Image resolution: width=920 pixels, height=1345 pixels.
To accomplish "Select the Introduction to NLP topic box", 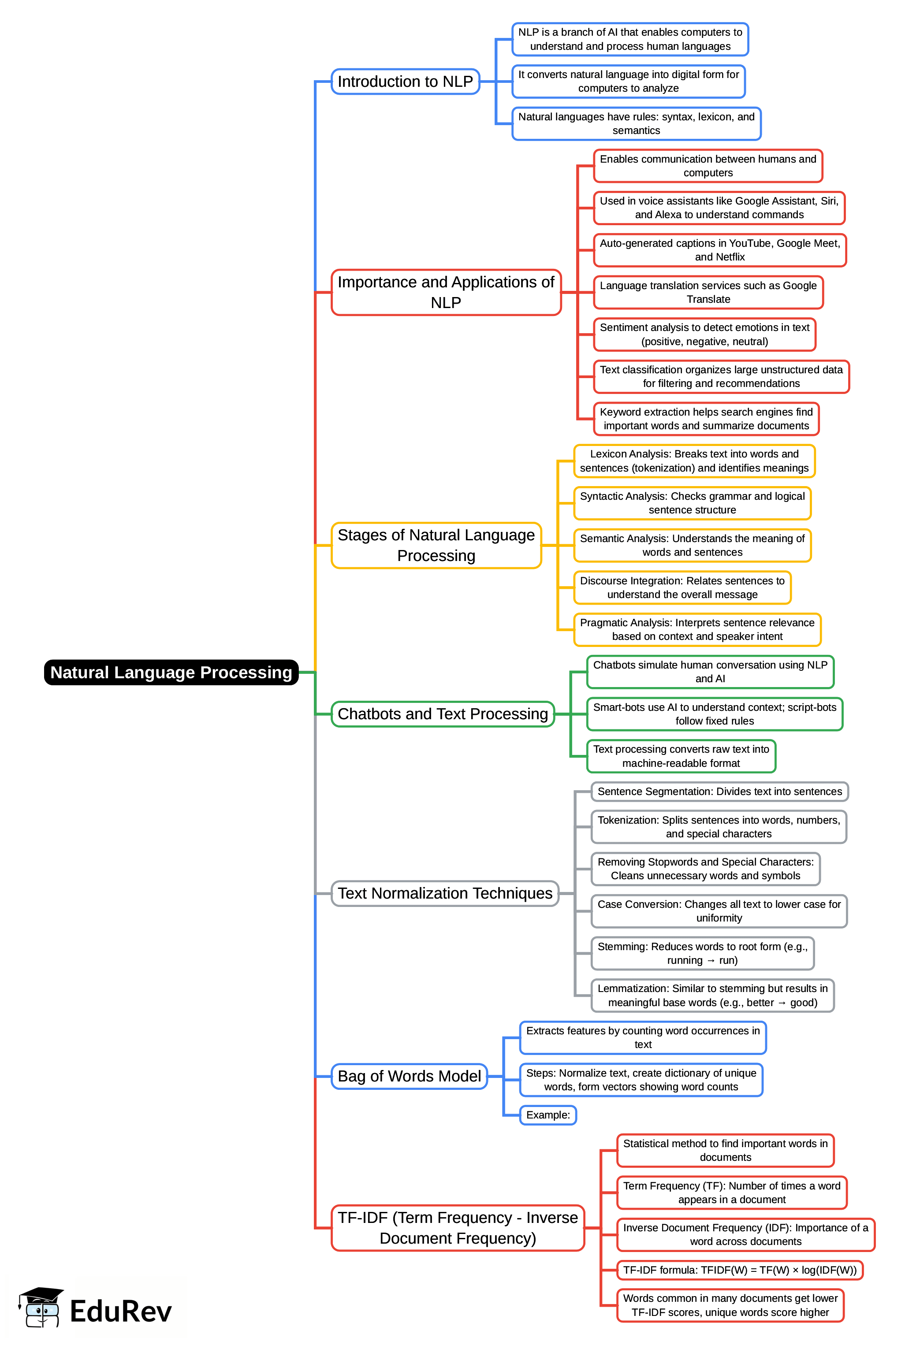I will click(405, 82).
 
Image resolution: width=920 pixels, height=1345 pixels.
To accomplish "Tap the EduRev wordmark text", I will click(120, 1312).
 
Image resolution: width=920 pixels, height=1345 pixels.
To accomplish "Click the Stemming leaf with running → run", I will click(702, 953).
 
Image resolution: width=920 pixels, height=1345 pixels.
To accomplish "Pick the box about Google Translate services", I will click(708, 292).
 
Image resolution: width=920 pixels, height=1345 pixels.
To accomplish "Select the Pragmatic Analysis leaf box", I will click(697, 629).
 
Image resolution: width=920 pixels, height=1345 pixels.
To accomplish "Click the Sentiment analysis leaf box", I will click(704, 334).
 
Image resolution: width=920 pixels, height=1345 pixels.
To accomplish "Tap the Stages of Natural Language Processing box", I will click(436, 545).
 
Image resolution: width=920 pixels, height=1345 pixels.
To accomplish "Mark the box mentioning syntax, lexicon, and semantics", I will click(636, 123).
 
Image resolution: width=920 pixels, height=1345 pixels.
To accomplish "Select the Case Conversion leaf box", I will click(719, 911).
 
